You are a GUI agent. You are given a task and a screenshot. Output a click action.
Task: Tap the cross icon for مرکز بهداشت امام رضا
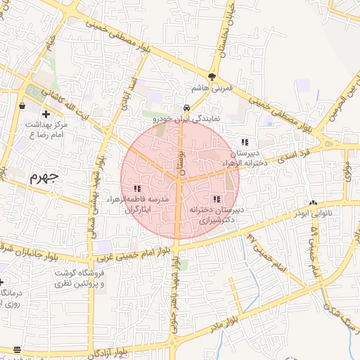(46, 114)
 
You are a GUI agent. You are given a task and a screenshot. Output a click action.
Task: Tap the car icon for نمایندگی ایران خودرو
(186, 108)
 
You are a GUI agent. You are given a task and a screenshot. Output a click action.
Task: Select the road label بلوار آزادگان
(124, 349)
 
